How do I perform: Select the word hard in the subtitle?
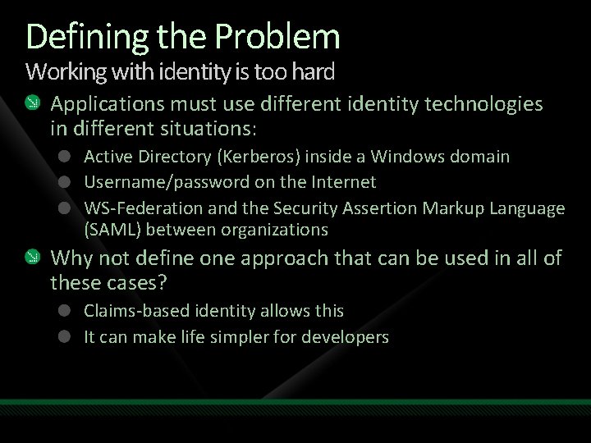point(313,72)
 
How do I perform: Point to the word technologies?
point(483,104)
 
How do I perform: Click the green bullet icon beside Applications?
point(31,103)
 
